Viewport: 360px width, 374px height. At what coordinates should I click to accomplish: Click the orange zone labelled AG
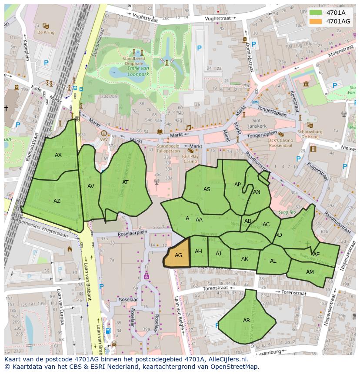point(178,255)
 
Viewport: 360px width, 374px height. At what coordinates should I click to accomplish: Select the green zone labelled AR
point(247,321)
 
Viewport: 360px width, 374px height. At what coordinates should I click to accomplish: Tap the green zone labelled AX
point(58,155)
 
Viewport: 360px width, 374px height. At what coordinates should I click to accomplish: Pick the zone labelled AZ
point(57,201)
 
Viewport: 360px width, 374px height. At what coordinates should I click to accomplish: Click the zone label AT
point(125,182)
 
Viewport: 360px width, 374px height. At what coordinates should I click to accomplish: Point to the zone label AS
point(207,189)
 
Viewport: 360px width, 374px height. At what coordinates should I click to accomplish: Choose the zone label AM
point(310,272)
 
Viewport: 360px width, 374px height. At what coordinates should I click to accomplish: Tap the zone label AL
point(273,261)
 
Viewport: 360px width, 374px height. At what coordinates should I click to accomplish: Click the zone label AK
point(244,259)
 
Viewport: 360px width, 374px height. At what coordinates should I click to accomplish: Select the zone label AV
point(90,186)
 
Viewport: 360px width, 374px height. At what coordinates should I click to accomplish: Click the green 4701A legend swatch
point(316,13)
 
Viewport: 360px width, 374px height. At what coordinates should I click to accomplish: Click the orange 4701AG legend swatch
point(316,21)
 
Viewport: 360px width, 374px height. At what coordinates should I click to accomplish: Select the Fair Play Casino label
point(190,159)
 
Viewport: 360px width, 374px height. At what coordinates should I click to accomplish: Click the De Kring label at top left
point(45,33)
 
